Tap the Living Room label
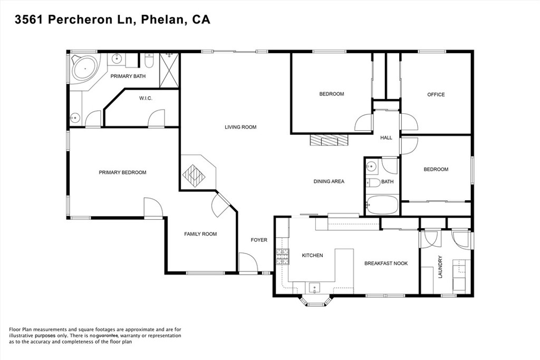[x=240, y=127]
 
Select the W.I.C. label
[x=146, y=98]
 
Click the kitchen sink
[x=314, y=288]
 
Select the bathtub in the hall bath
[x=382, y=205]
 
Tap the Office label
[x=436, y=95]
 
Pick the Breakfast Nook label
[x=385, y=264]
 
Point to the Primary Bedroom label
[x=122, y=172]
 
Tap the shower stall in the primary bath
[x=169, y=63]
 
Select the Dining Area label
[x=329, y=181]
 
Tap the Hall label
[x=386, y=138]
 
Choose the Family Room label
[x=200, y=234]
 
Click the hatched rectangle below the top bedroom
[x=329, y=140]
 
